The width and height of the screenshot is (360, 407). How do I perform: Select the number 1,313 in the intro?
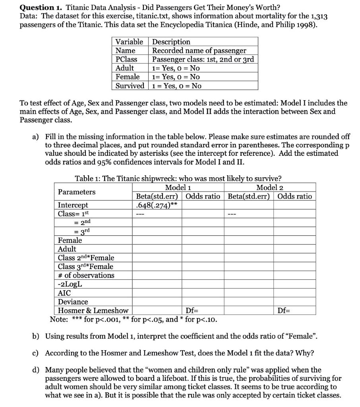pos(316,16)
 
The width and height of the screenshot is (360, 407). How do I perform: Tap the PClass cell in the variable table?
pos(126,59)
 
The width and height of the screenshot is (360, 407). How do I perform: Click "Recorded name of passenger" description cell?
pos(199,50)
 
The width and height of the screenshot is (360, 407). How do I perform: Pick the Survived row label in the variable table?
pos(130,85)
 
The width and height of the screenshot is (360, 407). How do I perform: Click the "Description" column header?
pos(171,42)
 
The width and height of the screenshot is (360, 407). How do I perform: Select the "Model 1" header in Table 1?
pos(178,187)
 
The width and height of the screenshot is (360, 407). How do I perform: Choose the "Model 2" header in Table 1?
pos(269,187)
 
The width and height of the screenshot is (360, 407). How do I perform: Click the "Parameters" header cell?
pos(77,192)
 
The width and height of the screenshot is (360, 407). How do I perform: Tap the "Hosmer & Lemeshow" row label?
pos(93,310)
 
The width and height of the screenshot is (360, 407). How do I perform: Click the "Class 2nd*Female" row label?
pos(86,258)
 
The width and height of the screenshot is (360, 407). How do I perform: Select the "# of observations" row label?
pos(86,275)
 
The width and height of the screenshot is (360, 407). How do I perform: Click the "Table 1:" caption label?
pos(87,178)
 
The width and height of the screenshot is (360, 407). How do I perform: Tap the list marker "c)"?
pos(36,353)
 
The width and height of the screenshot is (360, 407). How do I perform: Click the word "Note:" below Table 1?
pos(59,319)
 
